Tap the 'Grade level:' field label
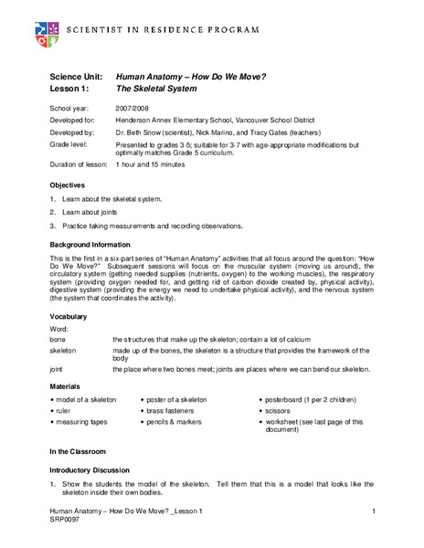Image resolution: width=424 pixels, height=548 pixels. pyautogui.click(x=69, y=144)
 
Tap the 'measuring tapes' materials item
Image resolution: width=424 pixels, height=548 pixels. pyautogui.click(x=83, y=423)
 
